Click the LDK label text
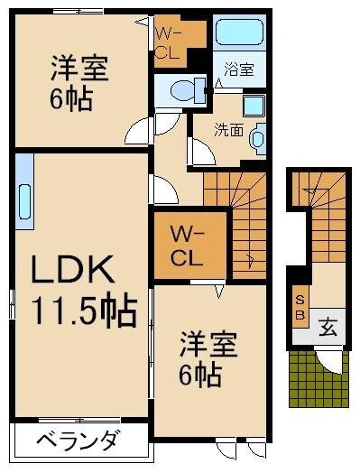[x=72, y=271]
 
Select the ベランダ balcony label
[x=78, y=442]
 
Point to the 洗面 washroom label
[x=228, y=129]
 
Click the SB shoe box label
[x=300, y=307]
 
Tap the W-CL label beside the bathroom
[x=169, y=43]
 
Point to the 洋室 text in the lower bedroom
[x=208, y=346]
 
